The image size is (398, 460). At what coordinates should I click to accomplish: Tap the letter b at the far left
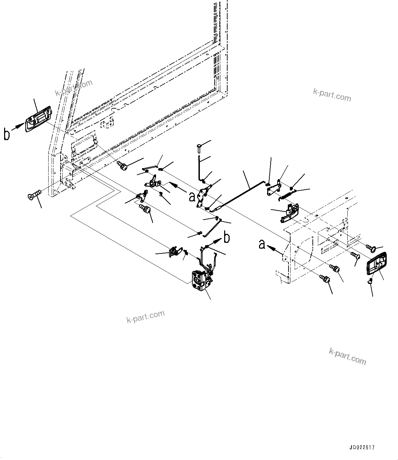(7, 134)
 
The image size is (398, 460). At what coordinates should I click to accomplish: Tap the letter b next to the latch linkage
(227, 237)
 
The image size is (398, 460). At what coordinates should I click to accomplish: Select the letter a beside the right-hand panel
(262, 244)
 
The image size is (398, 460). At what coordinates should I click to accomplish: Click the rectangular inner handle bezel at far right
(376, 263)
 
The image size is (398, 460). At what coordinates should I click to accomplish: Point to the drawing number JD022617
(362, 447)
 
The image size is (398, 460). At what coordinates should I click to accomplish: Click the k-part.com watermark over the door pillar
(74, 88)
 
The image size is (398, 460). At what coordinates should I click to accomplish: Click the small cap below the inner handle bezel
(370, 282)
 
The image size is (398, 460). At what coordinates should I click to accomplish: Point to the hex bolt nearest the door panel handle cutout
(123, 166)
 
